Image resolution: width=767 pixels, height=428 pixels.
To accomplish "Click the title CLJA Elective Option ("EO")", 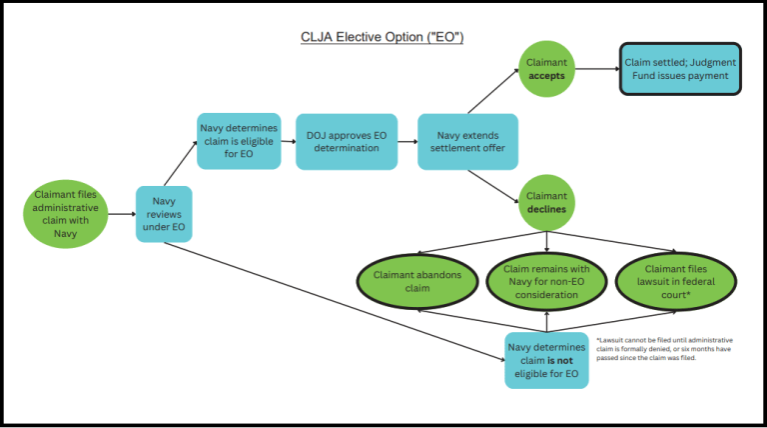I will pyautogui.click(x=383, y=38).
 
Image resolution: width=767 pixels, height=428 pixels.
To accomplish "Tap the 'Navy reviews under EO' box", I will pyautogui.click(x=164, y=215).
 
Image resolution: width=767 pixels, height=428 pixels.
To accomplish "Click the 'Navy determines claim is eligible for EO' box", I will pyautogui.click(x=238, y=141).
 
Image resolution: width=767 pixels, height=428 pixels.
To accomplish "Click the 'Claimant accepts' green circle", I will pyautogui.click(x=546, y=69).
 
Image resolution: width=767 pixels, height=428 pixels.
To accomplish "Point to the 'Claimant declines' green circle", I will pyautogui.click(x=546, y=203).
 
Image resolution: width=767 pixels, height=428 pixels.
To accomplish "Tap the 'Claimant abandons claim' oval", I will pyautogui.click(x=418, y=281).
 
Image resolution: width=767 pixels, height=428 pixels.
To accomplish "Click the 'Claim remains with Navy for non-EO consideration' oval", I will pyautogui.click(x=546, y=281).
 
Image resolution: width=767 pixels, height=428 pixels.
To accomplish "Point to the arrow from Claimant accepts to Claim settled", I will pyautogui.click(x=597, y=69).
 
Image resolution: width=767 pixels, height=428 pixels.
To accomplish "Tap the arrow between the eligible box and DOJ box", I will pyautogui.click(x=288, y=142).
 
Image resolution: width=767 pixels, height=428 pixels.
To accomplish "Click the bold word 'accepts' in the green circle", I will pyautogui.click(x=546, y=76).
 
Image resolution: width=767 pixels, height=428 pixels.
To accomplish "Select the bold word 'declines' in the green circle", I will pyautogui.click(x=546, y=210).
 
